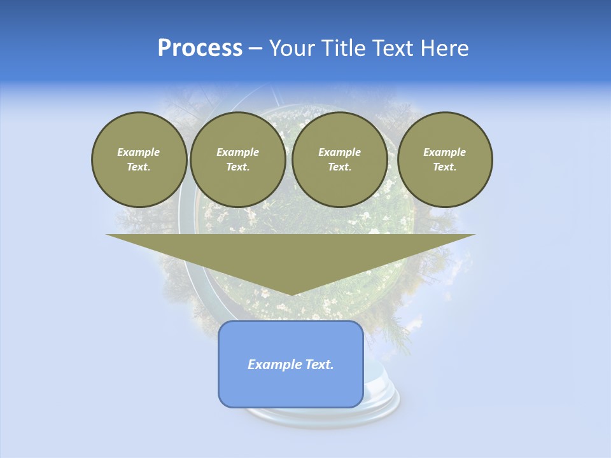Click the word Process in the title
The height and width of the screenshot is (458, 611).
pos(200,48)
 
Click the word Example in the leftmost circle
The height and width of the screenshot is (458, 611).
pos(139,152)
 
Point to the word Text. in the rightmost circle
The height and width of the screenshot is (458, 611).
pos(445,167)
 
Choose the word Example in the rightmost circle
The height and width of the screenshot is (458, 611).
pos(445,152)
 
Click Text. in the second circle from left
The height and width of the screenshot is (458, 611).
pos(238,167)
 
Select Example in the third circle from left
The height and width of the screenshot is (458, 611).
pos(340,152)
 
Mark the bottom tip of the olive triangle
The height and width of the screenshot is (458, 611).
pos(291,294)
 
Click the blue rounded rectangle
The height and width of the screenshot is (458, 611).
pos(291,388)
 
